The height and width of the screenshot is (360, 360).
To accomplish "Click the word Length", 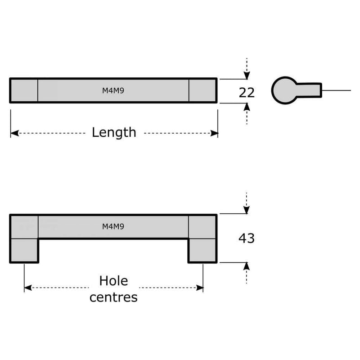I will click(x=114, y=132).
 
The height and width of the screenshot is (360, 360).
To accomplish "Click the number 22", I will click(x=247, y=92).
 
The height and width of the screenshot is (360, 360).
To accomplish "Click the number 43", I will click(x=246, y=238).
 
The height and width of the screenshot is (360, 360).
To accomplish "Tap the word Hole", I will click(x=113, y=281).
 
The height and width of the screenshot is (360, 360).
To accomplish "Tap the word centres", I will click(x=113, y=297).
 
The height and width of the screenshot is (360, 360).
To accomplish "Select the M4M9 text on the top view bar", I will click(x=113, y=90).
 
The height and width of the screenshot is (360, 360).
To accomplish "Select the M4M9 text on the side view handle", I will click(x=113, y=226).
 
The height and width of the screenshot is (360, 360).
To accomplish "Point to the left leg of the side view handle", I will click(x=24, y=250).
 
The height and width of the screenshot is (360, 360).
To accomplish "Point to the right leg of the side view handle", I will click(x=202, y=250).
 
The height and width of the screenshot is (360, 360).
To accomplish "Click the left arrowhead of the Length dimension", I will click(x=14, y=133).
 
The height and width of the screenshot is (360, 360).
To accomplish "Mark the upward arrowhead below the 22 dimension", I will click(x=246, y=107).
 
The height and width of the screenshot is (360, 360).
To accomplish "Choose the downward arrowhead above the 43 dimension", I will click(x=246, y=210).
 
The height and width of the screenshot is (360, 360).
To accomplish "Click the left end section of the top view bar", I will click(x=24, y=90).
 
